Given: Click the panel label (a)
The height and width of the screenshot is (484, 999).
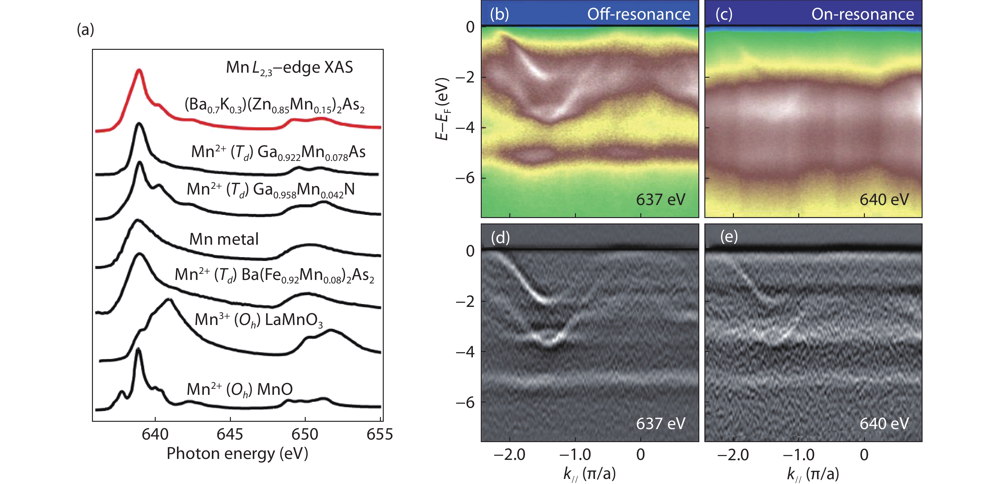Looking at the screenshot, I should click(85, 30).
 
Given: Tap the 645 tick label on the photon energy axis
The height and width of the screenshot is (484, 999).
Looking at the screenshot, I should click(230, 434).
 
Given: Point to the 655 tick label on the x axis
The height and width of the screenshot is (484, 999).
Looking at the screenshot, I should click(379, 434).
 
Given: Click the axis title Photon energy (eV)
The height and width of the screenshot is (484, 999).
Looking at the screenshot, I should click(237, 453).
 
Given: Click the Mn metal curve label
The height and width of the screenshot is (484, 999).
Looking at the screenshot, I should click(224, 239).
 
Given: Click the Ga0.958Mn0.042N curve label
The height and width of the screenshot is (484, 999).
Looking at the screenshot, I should click(270, 190).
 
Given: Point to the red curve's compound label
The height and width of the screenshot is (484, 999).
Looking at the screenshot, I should click(274, 105).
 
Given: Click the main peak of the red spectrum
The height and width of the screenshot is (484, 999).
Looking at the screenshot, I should click(139, 71).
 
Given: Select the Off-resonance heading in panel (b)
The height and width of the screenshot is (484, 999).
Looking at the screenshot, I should click(638, 14).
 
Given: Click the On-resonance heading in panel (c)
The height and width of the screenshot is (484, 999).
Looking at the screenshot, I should click(863, 14).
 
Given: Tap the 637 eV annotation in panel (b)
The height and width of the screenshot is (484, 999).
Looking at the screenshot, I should click(660, 200).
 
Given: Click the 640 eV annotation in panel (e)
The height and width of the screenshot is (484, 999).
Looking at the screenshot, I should click(884, 423).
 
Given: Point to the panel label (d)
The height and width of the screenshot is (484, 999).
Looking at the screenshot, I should click(500, 237).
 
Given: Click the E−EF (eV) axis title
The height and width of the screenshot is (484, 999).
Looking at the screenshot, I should click(442, 109).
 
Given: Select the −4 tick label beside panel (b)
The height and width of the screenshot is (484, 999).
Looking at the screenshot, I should click(465, 128).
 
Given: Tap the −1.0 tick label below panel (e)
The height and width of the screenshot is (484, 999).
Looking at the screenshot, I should click(798, 454).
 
